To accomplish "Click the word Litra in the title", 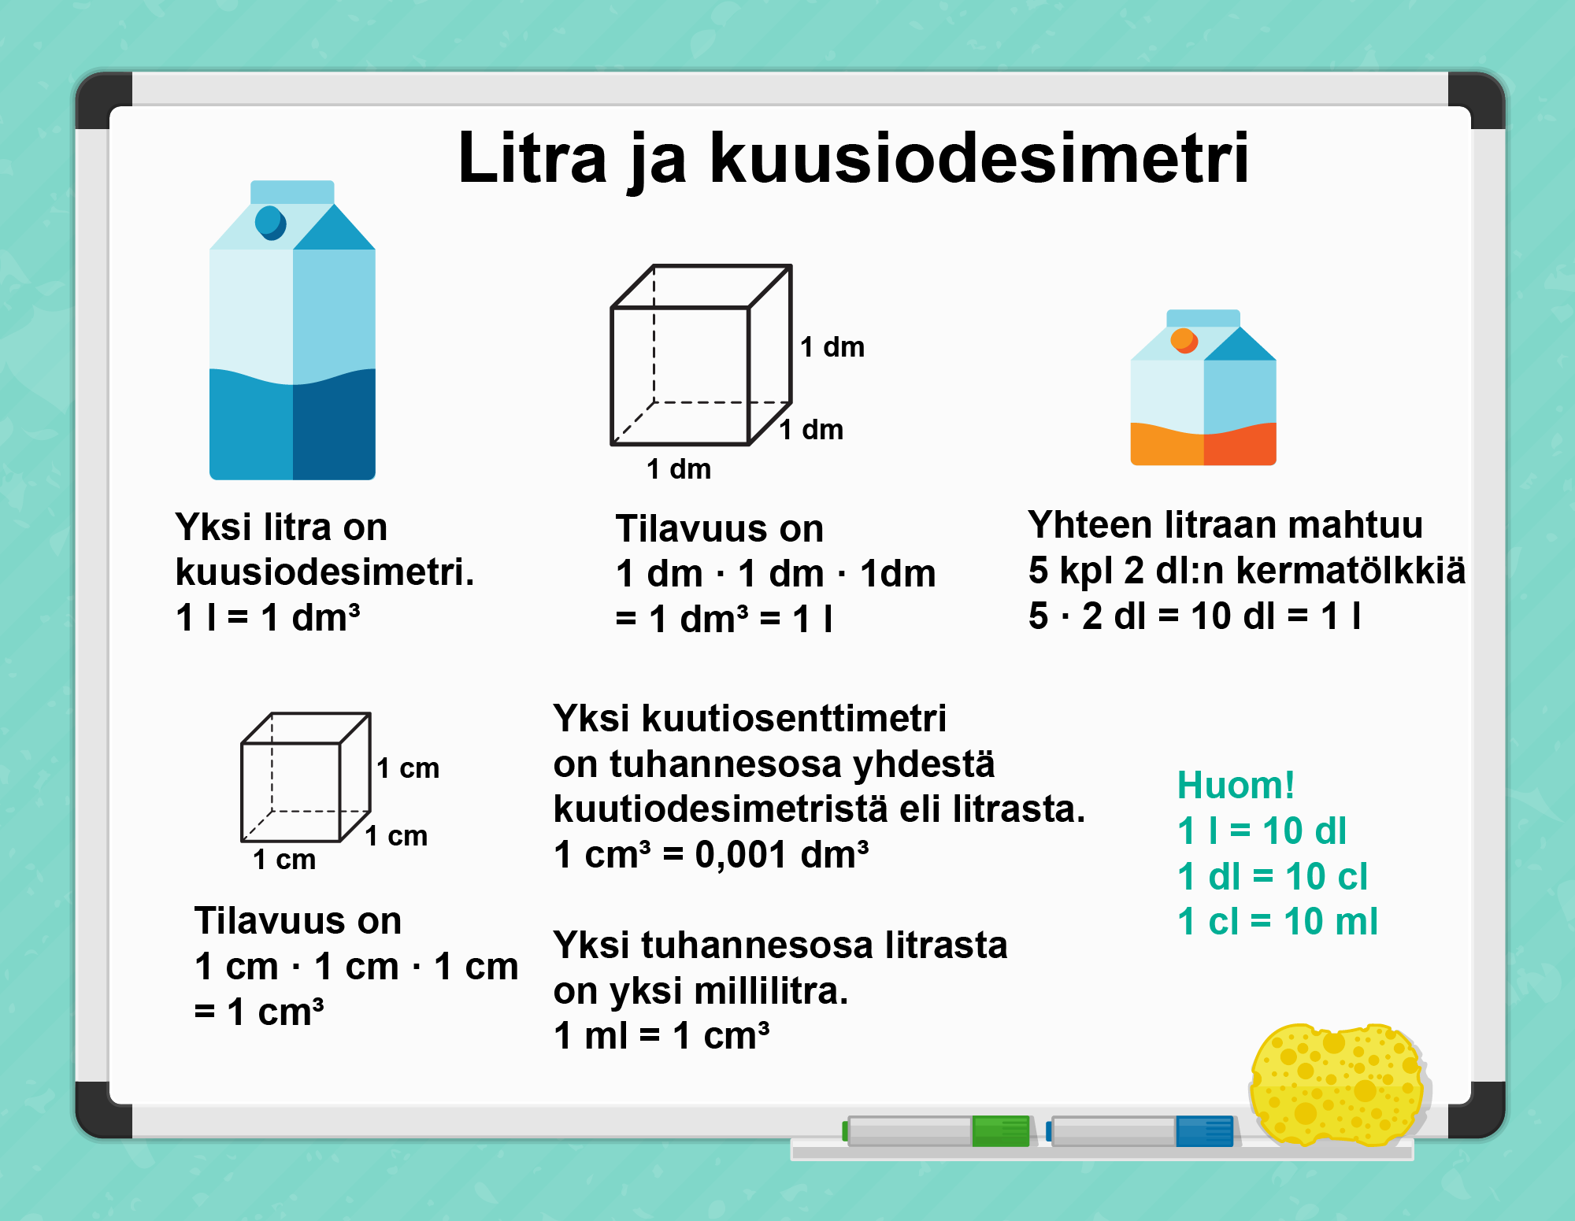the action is pos(533,158).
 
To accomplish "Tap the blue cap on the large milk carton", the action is pos(270,223).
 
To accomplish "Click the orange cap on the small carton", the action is pos(1184,340).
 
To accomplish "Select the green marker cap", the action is pos(1001,1130).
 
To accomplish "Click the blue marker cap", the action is pos(1204,1130).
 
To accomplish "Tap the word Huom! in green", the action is pos(1236,785).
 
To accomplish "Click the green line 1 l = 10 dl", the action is pos(1262,831).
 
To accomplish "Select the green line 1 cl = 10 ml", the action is pos(1277,921).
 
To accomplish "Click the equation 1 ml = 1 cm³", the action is pos(661,1035).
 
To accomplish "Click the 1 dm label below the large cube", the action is pos(679,469).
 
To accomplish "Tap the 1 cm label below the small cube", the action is pos(284,860).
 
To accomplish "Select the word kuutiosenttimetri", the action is pos(794,718).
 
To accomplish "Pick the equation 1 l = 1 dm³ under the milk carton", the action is pos(268,617).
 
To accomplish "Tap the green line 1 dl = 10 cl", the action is pos(1272,876).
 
